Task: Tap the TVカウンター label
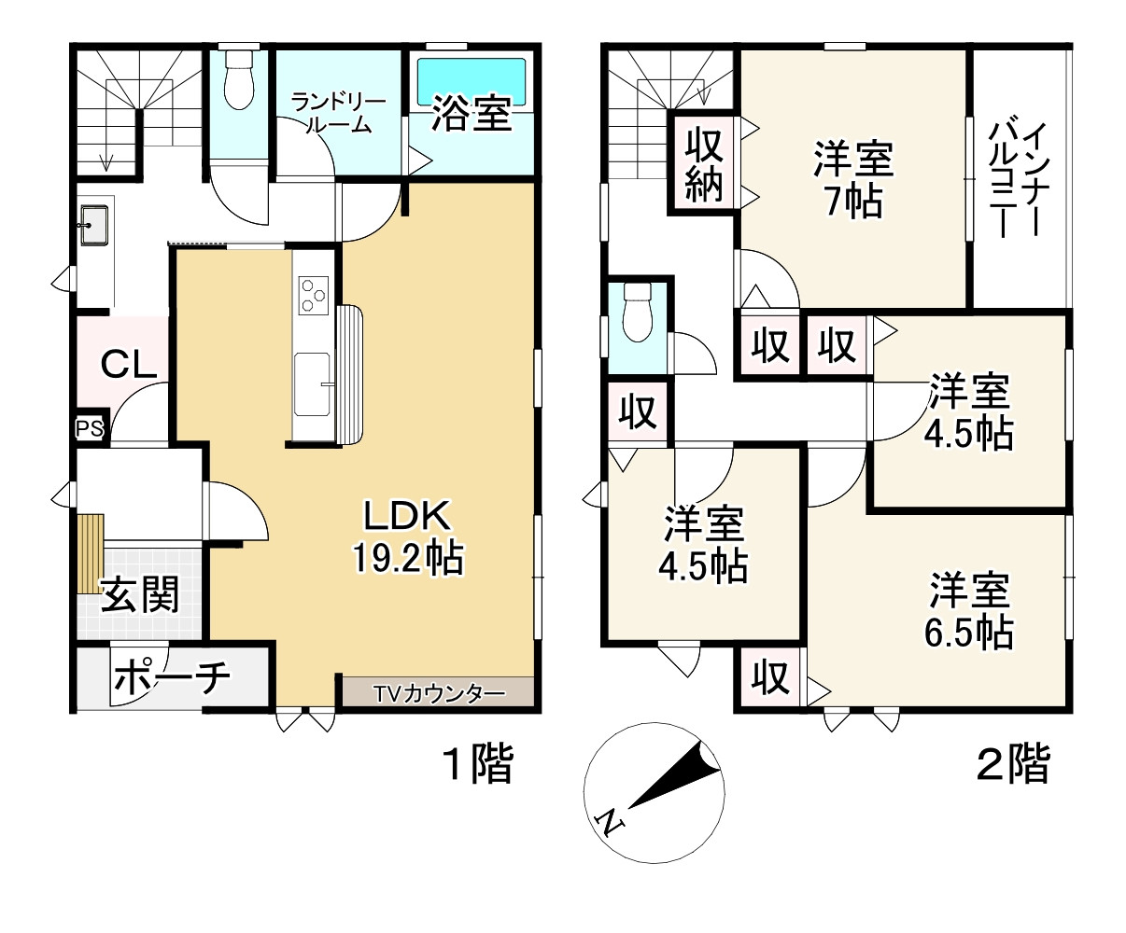[439, 693]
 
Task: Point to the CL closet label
[128, 365]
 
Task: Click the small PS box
[91, 428]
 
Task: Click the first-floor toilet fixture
[240, 80]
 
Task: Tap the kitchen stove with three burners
[313, 296]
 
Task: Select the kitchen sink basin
[313, 383]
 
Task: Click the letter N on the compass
[611, 821]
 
